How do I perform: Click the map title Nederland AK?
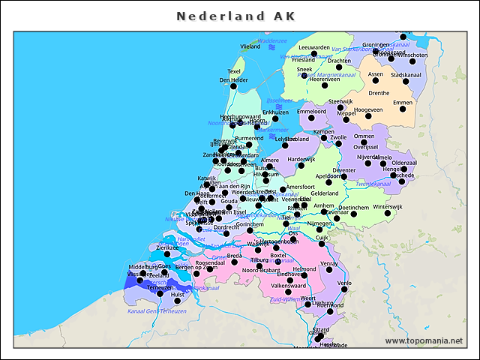[235, 16]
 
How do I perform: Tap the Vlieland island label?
[250, 46]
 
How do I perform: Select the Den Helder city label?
[233, 80]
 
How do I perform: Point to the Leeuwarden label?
[313, 46]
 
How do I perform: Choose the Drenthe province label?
[379, 93]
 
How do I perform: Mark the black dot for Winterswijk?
[388, 213]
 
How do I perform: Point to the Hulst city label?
[178, 295]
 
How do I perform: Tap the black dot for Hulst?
[178, 301]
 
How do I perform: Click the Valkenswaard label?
[288, 286]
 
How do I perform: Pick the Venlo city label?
[344, 283]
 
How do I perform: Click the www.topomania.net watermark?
[424, 341]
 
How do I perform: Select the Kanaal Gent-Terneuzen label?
[157, 311]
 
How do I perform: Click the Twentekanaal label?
[373, 184]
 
